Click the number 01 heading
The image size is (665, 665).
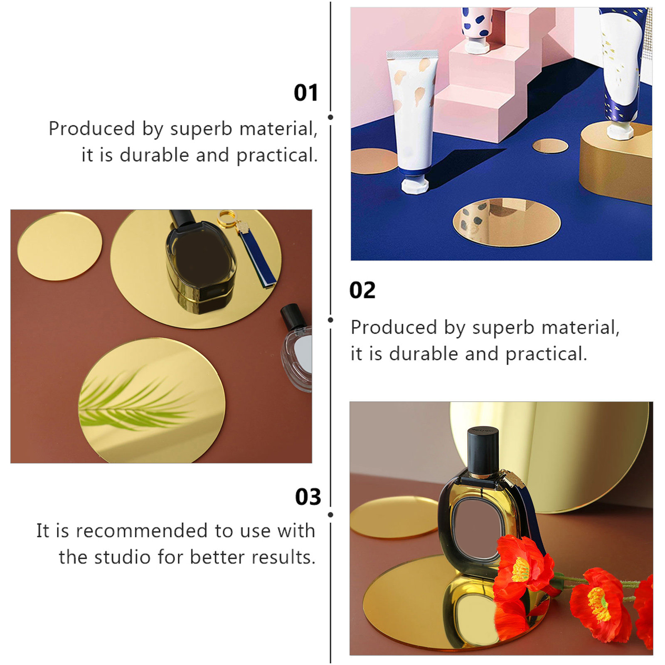[x=305, y=92]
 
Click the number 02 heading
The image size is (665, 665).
[x=362, y=290]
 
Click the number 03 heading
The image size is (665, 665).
[x=308, y=497]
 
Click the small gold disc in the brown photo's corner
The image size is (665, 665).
[x=59, y=246]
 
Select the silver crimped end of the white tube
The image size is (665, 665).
[x=412, y=54]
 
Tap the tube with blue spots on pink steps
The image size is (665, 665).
[x=477, y=29]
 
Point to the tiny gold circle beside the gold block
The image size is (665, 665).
[x=550, y=146]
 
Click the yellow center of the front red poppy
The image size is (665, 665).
[x=521, y=570]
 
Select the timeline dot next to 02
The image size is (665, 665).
[x=330, y=320]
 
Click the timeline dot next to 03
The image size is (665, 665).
[x=330, y=515]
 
